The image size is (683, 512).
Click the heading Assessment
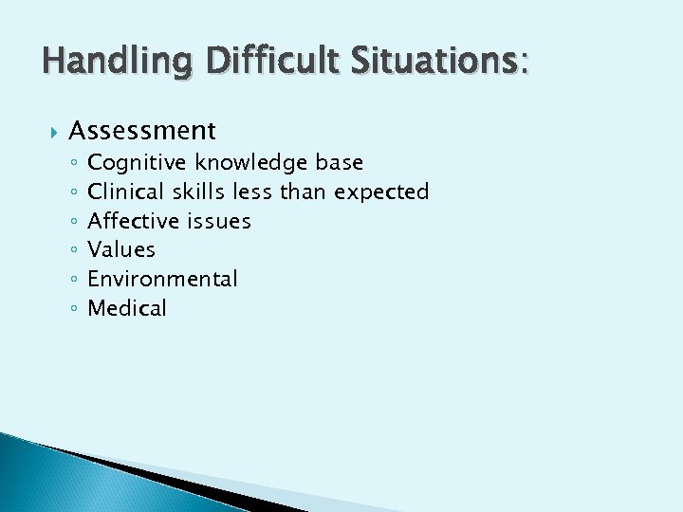[142, 130]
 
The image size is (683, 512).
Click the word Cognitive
[138, 163]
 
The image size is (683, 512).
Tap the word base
[340, 163]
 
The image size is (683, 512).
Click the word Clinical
[127, 192]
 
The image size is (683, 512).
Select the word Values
[121, 250]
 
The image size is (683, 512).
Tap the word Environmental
[162, 279]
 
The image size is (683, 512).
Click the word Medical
[127, 308]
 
